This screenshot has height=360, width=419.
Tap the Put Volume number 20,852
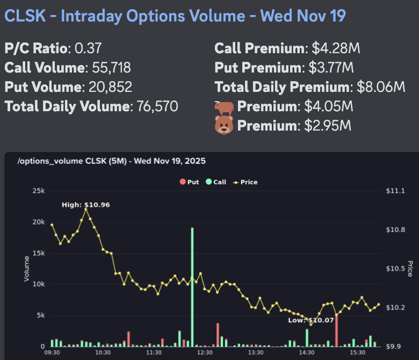(x=107, y=87)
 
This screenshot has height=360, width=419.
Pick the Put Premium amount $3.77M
(x=331, y=68)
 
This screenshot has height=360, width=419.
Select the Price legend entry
(x=245, y=182)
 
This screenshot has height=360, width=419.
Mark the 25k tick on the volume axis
(x=39, y=191)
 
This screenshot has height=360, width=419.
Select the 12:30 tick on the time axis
(x=205, y=352)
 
